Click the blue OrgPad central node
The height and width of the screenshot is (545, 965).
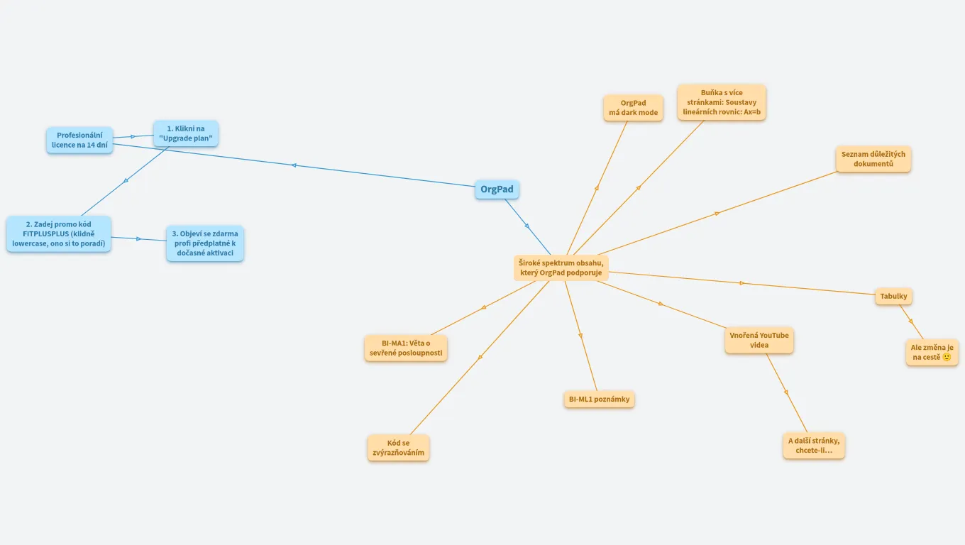pyautogui.click(x=497, y=189)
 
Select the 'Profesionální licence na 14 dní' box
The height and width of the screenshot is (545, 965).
pyautogui.click(x=79, y=140)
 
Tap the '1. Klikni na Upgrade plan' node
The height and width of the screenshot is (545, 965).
pyautogui.click(x=186, y=133)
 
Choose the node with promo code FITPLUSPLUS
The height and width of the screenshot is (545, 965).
pyautogui.click(x=59, y=233)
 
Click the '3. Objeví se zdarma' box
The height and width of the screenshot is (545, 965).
pyautogui.click(x=205, y=243)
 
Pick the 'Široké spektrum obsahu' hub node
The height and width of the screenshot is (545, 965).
pyautogui.click(x=561, y=268)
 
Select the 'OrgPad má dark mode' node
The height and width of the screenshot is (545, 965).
pyautogui.click(x=633, y=108)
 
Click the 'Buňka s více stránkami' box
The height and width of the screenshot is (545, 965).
pyautogui.click(x=722, y=102)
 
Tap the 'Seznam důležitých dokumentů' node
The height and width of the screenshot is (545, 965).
pyautogui.click(x=873, y=159)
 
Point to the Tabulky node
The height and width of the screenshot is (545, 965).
pyautogui.click(x=893, y=296)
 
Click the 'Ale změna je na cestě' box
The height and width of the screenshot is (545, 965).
pyautogui.click(x=932, y=352)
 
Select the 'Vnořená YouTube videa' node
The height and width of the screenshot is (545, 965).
pyautogui.click(x=759, y=340)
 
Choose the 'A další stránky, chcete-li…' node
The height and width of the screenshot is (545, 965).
pyautogui.click(x=814, y=446)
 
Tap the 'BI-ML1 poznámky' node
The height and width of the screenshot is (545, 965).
pyautogui.click(x=600, y=399)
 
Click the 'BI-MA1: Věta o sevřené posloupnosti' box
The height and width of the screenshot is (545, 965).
pyautogui.click(x=406, y=348)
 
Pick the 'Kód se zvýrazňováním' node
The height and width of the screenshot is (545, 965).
pyautogui.click(x=399, y=448)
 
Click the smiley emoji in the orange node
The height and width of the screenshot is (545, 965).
pyautogui.click(x=947, y=357)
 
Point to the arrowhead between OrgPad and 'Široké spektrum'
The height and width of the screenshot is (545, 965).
pyautogui.click(x=527, y=226)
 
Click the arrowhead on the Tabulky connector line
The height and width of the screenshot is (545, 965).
pyautogui.click(x=742, y=283)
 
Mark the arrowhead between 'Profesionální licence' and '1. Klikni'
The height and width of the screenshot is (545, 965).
pyautogui.click(x=133, y=136)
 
